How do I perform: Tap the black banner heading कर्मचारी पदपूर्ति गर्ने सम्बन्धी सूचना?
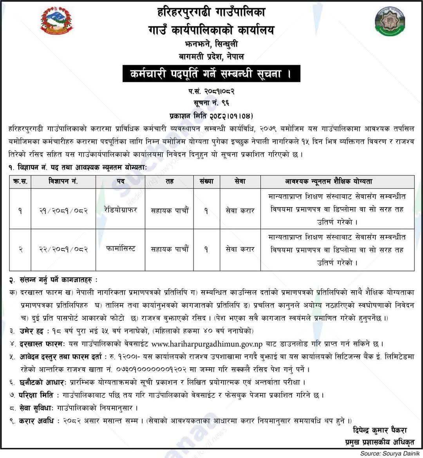tap(211, 74)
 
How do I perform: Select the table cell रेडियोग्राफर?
tap(121, 210)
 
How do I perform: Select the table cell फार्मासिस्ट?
tap(121, 249)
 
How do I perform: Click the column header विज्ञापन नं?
tap(63, 181)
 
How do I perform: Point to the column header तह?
tap(170, 181)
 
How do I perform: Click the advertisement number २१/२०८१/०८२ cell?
tap(63, 210)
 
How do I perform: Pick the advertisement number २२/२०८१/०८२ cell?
tap(63, 249)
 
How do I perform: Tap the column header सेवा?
tap(240, 181)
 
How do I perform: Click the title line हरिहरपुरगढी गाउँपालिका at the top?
tap(211, 13)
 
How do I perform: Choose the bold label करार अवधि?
tap(37, 421)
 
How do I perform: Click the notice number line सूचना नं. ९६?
tap(211, 103)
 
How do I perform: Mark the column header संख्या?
tap(206, 181)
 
